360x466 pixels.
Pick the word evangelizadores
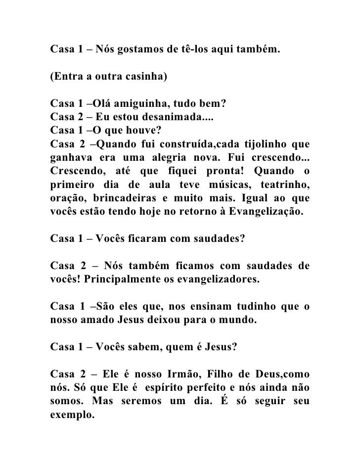218,280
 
